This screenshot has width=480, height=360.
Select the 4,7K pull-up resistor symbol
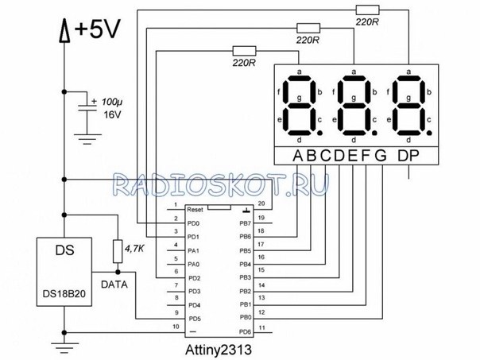click(117, 251)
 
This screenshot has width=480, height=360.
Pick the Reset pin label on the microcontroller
click(195, 209)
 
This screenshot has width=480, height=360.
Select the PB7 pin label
click(245, 223)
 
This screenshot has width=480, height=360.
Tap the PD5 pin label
click(193, 319)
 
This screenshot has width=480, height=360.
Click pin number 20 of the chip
click(261, 203)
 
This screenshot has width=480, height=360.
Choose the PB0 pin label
click(245, 318)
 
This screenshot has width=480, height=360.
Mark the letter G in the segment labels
click(380, 155)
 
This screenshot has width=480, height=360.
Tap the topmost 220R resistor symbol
click(367, 10)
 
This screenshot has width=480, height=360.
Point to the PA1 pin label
click(193, 250)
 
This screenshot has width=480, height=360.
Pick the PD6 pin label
click(245, 331)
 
